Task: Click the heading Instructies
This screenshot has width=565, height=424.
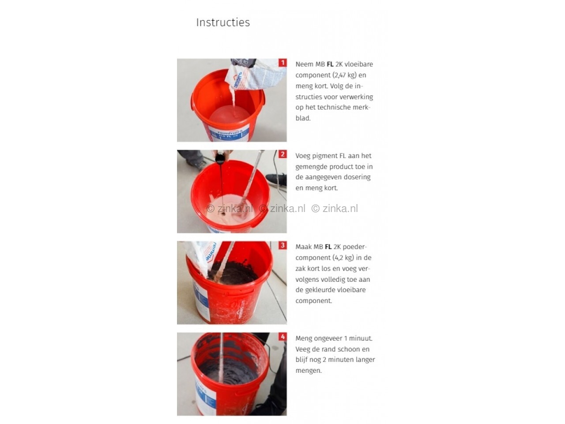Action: pyautogui.click(x=222, y=23)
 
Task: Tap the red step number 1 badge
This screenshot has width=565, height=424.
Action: pyautogui.click(x=282, y=63)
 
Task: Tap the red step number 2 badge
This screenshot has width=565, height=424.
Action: pyautogui.click(x=282, y=154)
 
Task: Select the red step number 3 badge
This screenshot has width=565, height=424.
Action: pyautogui.click(x=282, y=245)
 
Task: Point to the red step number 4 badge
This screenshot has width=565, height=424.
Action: pyautogui.click(x=282, y=337)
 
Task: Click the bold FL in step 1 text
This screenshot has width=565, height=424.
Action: pyautogui.click(x=330, y=64)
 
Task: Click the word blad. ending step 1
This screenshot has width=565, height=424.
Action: pyautogui.click(x=303, y=118)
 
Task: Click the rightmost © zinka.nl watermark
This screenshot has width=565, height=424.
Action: pyautogui.click(x=335, y=208)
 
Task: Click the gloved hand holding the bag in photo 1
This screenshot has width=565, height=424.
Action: pyautogui.click(x=243, y=63)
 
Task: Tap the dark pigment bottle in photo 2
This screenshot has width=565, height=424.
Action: pyautogui.click(x=220, y=158)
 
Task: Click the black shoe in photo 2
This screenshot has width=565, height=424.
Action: pyautogui.click(x=276, y=179)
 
